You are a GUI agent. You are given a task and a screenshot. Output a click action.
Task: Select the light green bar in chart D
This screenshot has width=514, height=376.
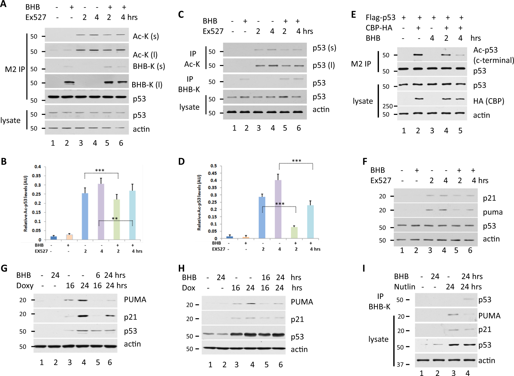pyautogui.click(x=294, y=233)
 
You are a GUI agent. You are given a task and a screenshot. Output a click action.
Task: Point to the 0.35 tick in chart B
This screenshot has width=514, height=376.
pyautogui.click(x=38, y=176)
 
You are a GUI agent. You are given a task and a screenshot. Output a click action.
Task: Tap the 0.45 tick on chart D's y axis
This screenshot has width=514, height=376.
pyautogui.click(x=214, y=173)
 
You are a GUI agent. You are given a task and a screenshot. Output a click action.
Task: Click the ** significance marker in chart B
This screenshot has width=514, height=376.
pyautogui.click(x=115, y=219)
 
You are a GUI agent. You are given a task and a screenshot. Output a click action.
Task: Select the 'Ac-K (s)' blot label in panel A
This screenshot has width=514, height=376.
pyautogui.click(x=146, y=36)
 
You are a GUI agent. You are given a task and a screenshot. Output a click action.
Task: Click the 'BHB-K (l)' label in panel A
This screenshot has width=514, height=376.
pyautogui.click(x=147, y=85)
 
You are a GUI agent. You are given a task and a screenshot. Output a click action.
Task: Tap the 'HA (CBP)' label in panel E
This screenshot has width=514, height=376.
pyautogui.click(x=488, y=101)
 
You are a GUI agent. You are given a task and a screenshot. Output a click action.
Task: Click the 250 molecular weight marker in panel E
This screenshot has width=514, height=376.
pyautogui.click(x=388, y=106)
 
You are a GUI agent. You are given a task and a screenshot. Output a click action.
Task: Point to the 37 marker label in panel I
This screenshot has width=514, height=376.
pyautogui.click(x=400, y=364)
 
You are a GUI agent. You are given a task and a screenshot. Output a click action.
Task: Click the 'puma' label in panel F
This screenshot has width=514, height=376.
pyautogui.click(x=493, y=212)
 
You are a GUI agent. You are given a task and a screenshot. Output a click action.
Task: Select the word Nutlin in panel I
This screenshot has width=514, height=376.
pyautogui.click(x=404, y=287)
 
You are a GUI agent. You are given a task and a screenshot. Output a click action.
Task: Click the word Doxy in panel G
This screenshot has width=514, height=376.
pyautogui.click(x=25, y=286)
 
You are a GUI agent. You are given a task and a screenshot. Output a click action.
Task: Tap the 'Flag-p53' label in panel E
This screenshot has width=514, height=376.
pyautogui.click(x=380, y=17)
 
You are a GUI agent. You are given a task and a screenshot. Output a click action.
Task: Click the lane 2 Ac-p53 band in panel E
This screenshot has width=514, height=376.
pyautogui.click(x=418, y=55)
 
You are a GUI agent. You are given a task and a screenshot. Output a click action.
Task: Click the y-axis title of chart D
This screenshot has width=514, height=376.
pyautogui.click(x=199, y=203)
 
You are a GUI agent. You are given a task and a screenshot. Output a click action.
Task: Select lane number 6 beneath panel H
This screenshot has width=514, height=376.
pyautogui.click(x=280, y=364)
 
